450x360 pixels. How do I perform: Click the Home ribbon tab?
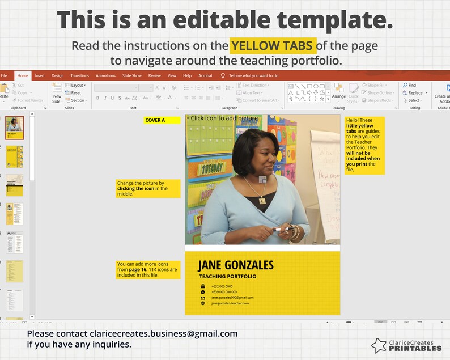click(x=23, y=75)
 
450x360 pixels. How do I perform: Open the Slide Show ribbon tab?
click(x=131, y=75)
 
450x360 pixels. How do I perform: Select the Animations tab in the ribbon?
click(x=105, y=75)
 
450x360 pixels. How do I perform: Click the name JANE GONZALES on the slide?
click(x=235, y=265)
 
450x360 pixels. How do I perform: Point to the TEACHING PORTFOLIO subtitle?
click(x=227, y=277)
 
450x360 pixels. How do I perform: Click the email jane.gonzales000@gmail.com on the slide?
click(x=232, y=297)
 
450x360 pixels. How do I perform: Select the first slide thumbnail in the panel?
click(x=14, y=128)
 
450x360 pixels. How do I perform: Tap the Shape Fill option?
click(x=377, y=86)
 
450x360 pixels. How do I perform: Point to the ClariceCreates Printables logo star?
click(x=379, y=345)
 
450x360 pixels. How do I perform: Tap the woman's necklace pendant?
click(x=262, y=199)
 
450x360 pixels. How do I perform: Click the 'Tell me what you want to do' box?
click(x=253, y=75)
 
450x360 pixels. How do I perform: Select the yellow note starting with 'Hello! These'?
click(x=364, y=145)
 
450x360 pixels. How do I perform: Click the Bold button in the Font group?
click(x=97, y=98)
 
